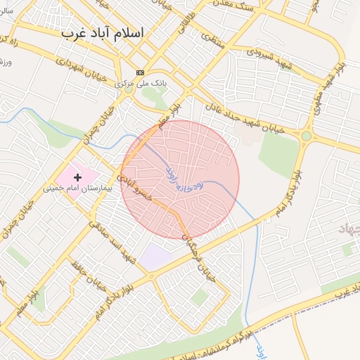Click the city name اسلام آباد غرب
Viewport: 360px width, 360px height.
tap(102, 32)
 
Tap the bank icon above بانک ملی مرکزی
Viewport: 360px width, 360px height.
tap(140, 72)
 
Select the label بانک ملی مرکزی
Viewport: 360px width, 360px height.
tap(142, 83)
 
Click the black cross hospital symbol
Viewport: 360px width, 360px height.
tap(77, 177)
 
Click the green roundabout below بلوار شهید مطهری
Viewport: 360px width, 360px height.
tap(307, 136)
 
